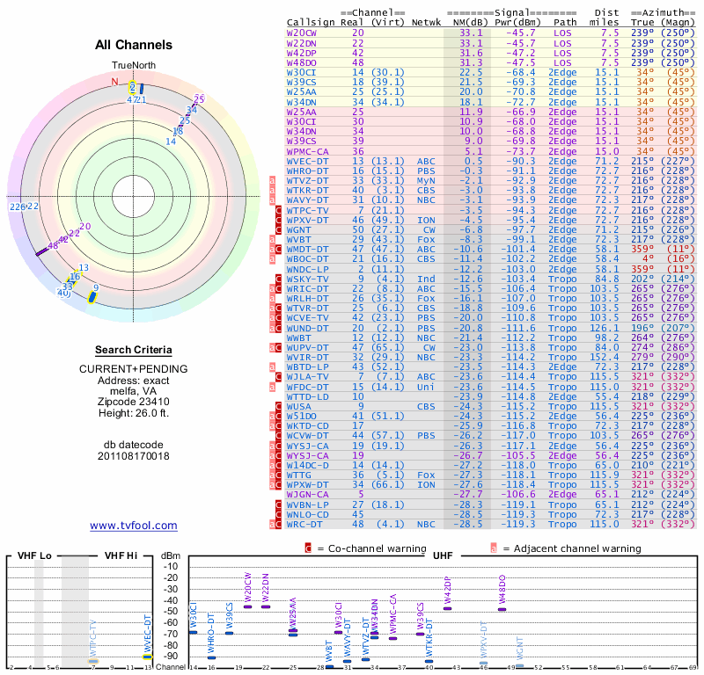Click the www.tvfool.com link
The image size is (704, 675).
pyautogui.click(x=134, y=526)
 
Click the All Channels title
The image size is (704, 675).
pyautogui.click(x=134, y=45)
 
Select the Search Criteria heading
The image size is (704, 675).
pyautogui.click(x=134, y=350)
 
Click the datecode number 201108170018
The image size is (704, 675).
pyautogui.click(x=134, y=455)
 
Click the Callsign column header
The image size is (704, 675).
pyautogui.click(x=310, y=21)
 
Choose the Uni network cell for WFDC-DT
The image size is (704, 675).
pyautogui.click(x=425, y=386)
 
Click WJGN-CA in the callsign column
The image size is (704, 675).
pyautogui.click(x=308, y=495)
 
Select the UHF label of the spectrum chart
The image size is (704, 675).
pyautogui.click(x=443, y=555)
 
